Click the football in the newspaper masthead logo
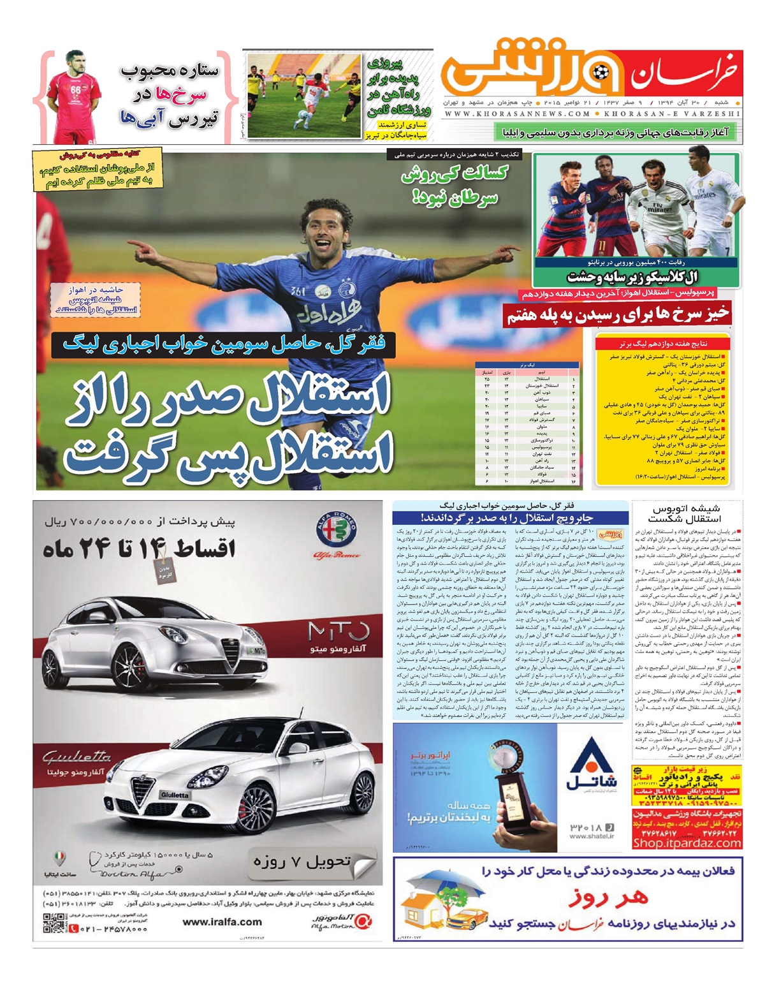(599, 73)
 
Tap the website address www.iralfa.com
(222, 922)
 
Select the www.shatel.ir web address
(591, 836)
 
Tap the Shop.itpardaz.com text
(687, 843)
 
